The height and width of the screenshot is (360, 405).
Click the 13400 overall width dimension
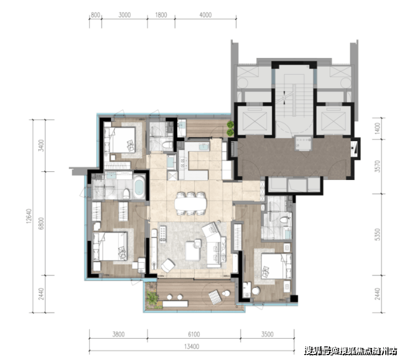(x=192, y=346)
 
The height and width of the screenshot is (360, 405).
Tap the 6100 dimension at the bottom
(x=194, y=334)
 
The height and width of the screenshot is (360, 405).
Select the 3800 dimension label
(x=118, y=334)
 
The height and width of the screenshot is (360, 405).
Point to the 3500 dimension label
(x=267, y=334)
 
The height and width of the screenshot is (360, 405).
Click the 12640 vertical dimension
(x=28, y=216)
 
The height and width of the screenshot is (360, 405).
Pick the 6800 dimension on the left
(x=41, y=223)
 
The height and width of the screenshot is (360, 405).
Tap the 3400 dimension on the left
(x=41, y=146)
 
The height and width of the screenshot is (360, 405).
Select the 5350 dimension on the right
(x=378, y=235)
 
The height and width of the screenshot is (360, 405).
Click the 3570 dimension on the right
(x=378, y=166)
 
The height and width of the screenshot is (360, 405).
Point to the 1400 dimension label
(x=378, y=128)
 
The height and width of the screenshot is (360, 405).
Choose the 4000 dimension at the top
(x=205, y=15)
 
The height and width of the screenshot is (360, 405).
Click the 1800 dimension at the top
(x=161, y=15)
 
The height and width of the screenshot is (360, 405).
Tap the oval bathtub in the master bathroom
(x=139, y=187)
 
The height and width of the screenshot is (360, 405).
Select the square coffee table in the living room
(x=193, y=251)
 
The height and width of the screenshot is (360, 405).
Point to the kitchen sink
(x=204, y=148)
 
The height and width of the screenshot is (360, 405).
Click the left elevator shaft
(x=254, y=120)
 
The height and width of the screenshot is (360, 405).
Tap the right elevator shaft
(x=333, y=120)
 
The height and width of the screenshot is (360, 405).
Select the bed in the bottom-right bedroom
(x=276, y=266)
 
